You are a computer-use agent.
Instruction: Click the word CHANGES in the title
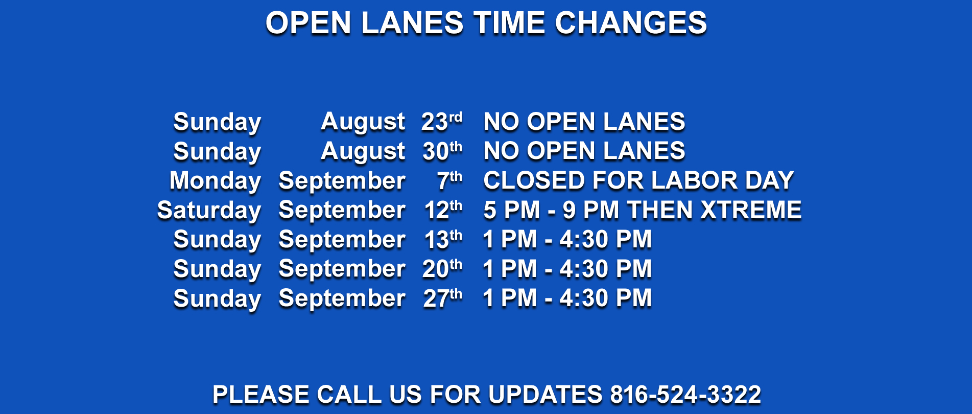click(631, 23)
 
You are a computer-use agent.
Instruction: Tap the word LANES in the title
click(412, 23)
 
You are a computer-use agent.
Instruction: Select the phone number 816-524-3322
click(685, 395)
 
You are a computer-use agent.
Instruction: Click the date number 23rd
click(442, 122)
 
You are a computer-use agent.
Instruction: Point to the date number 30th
click(442, 151)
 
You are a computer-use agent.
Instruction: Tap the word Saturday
click(209, 211)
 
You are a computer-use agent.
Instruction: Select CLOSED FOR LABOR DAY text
click(638, 180)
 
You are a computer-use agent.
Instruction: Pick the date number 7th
click(449, 180)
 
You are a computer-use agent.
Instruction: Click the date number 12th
click(443, 210)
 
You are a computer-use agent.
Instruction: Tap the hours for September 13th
click(567, 239)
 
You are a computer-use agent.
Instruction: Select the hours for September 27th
click(567, 298)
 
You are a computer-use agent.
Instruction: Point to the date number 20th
click(442, 269)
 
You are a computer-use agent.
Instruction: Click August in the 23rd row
click(363, 123)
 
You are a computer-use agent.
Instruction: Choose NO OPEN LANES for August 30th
click(584, 151)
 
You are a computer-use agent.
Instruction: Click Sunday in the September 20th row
click(218, 270)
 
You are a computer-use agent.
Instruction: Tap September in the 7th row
click(342, 181)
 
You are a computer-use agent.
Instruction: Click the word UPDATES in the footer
click(546, 395)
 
